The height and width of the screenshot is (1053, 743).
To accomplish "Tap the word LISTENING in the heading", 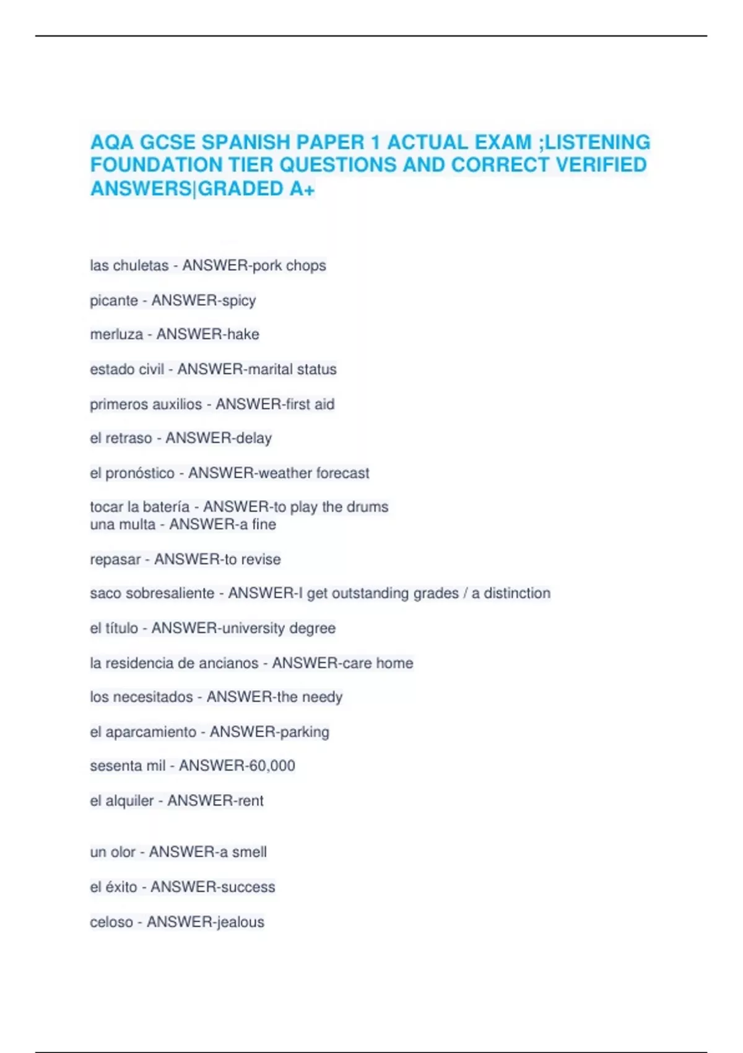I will coord(597,142).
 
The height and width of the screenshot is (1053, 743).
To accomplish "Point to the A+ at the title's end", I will coord(302,188).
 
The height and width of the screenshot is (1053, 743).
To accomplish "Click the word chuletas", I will coord(139,266).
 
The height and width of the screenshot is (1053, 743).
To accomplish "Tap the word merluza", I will coord(116,334).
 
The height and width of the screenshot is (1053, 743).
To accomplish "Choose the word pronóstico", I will coord(140,473).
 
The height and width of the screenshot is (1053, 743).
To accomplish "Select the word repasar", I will coord(115,560).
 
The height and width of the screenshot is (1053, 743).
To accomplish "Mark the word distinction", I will coord(517,593).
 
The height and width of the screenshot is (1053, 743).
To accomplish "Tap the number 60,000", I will coord(268,766).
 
